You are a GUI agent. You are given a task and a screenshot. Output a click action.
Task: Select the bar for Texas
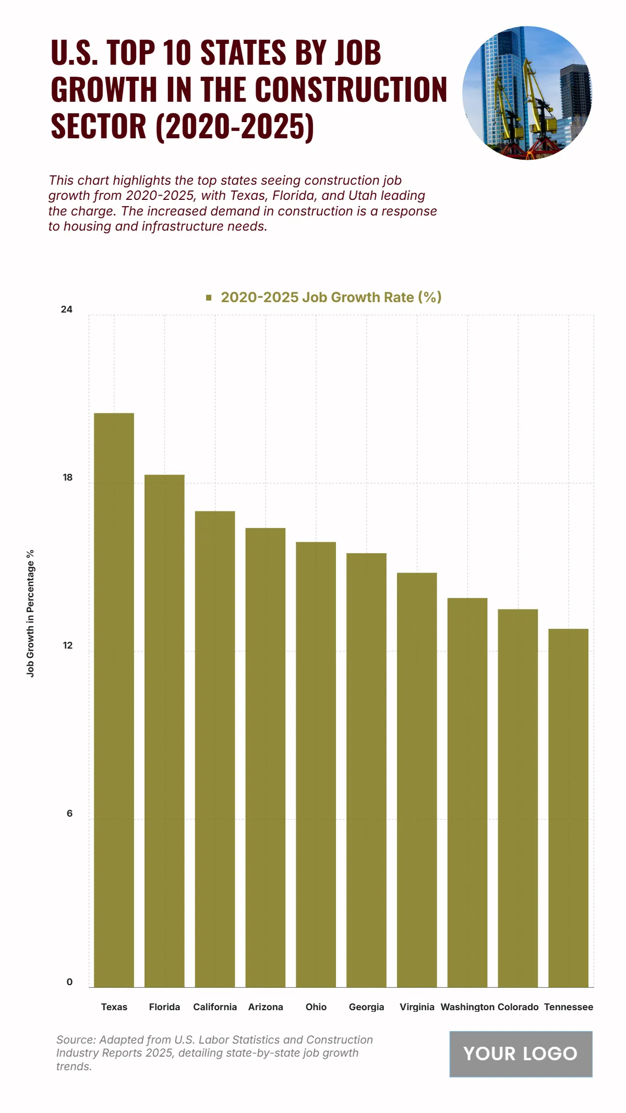114,699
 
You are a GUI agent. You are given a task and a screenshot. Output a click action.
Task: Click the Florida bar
164,731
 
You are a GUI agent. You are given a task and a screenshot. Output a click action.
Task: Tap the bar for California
215,749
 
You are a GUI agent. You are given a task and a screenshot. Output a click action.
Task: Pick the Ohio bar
316,764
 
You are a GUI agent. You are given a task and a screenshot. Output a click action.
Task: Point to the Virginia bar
417,780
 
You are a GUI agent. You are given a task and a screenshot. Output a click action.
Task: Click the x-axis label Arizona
266,1007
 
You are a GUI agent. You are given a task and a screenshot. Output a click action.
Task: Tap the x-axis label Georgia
366,1007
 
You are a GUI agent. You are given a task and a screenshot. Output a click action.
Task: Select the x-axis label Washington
467,1007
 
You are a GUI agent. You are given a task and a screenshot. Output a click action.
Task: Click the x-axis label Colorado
518,1007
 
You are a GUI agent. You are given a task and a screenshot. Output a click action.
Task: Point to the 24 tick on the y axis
67,309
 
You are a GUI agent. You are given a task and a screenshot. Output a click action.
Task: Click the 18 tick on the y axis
68,477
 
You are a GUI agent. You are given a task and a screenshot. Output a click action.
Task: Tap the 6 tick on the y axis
69,813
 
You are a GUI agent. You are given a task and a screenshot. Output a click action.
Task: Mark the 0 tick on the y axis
69,982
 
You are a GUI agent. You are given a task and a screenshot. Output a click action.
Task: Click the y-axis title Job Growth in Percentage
30,613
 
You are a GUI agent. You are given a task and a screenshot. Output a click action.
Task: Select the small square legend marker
209,297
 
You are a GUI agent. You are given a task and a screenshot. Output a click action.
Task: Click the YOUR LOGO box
521,1054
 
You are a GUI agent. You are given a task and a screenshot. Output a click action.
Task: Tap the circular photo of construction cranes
527,93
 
